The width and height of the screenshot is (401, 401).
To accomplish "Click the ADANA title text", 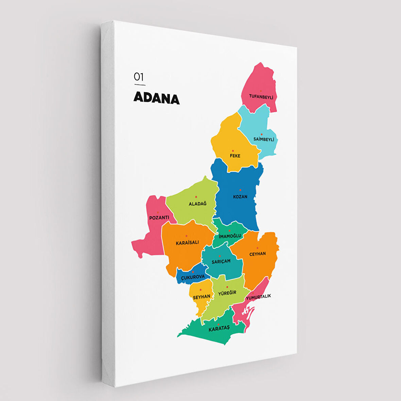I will click(156, 98).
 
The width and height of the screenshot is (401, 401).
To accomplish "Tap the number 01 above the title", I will click(139, 77).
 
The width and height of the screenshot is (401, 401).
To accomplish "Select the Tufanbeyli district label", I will click(261, 97).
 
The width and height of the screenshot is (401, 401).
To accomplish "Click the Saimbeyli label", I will click(264, 139).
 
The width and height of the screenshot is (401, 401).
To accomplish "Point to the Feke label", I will click(235, 156).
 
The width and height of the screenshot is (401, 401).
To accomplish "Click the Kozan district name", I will click(240, 197).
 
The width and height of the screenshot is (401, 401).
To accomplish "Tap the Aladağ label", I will click(197, 204).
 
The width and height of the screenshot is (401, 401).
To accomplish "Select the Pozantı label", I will click(159, 217).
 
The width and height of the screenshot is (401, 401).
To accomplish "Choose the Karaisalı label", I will click(187, 243).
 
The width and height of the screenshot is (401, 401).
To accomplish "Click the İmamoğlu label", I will click(230, 236).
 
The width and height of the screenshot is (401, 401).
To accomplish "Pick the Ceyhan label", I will click(258, 254).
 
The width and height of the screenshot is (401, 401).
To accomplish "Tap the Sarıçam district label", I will click(221, 261).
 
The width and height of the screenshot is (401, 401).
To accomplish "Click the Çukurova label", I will click(193, 277).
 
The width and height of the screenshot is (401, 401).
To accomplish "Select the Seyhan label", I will click(202, 297).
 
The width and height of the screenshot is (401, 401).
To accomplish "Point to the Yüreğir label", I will click(227, 293).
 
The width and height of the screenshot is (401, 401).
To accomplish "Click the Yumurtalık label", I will click(259, 297).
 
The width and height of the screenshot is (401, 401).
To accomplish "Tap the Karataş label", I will click(219, 328).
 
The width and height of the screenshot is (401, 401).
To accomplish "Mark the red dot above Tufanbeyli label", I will click(261, 91).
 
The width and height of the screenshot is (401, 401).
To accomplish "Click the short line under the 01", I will click(140, 85).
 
